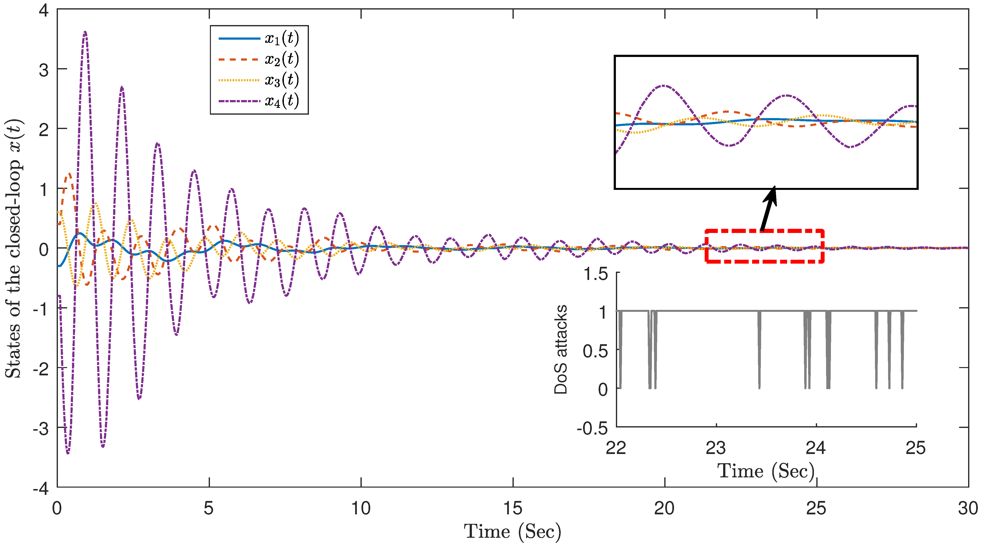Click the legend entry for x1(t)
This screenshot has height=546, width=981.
click(x=259, y=38)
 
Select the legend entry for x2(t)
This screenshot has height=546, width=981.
click(x=259, y=59)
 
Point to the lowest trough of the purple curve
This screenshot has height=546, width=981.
click(x=68, y=453)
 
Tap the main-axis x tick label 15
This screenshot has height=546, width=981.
click(x=513, y=509)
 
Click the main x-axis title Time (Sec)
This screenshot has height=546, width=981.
click(x=513, y=532)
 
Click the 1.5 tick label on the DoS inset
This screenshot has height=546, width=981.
click(x=596, y=274)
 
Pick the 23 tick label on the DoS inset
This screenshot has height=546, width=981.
click(x=716, y=448)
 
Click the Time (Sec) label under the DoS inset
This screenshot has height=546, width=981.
click(x=765, y=471)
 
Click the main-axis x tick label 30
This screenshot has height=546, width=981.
click(x=968, y=509)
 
